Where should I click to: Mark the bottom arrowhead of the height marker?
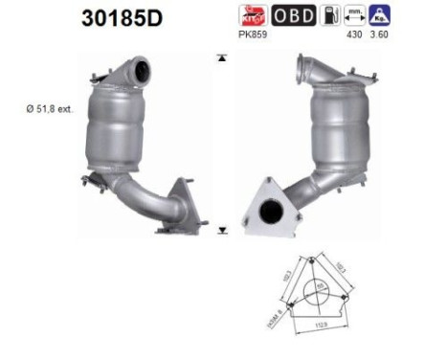point(222,230)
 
